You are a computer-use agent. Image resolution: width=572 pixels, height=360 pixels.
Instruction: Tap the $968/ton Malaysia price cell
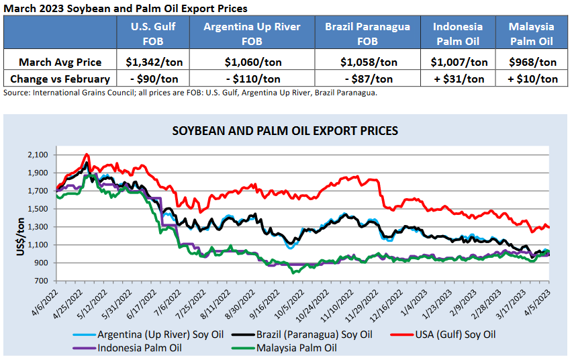coord(531,62)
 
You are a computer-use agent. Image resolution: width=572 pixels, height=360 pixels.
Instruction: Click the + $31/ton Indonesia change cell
coord(457,79)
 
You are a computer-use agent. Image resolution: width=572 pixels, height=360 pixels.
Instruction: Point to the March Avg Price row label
coord(60,62)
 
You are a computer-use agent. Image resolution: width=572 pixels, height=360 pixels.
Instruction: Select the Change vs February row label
coord(60,79)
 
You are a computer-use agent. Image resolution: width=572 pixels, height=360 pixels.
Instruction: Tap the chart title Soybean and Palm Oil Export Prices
coord(285,130)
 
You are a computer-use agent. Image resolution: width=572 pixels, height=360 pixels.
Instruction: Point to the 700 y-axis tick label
coord(42,281)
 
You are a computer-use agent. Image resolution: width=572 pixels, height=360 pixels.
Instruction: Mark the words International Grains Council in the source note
coord(85,93)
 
